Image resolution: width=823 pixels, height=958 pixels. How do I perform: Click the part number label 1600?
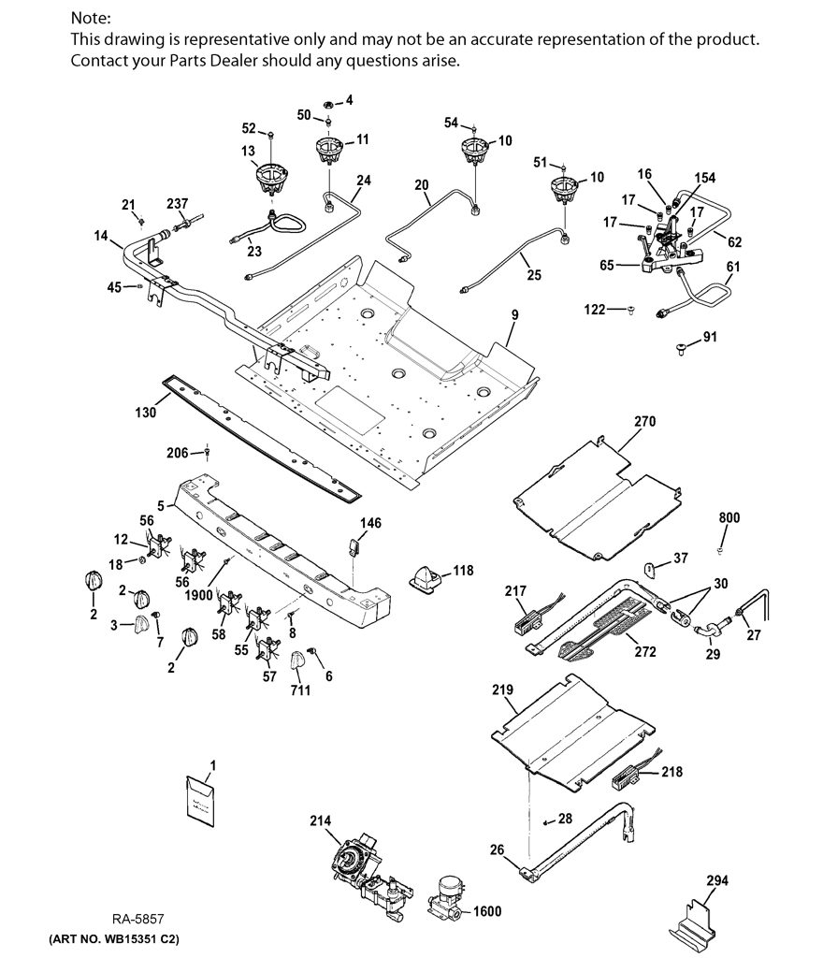coord(487,911)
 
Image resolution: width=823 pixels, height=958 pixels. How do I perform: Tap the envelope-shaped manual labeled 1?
coord(200,801)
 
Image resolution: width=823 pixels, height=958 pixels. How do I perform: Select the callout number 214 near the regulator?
coord(320,820)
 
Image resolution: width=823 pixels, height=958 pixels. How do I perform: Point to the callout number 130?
coord(145,413)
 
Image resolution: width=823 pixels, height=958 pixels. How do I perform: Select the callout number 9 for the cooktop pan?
coord(515,314)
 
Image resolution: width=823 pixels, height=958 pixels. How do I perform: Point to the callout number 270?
coord(644,421)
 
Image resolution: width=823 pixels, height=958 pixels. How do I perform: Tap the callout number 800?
coord(729,517)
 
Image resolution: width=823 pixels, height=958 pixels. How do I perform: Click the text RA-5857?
coord(137,919)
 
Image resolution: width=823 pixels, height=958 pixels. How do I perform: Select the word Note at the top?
coord(90,18)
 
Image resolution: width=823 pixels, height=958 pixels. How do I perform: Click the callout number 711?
coord(300,689)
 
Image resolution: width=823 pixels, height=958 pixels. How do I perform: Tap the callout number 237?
coord(177,203)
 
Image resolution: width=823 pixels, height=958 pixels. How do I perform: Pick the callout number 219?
coord(502,689)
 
